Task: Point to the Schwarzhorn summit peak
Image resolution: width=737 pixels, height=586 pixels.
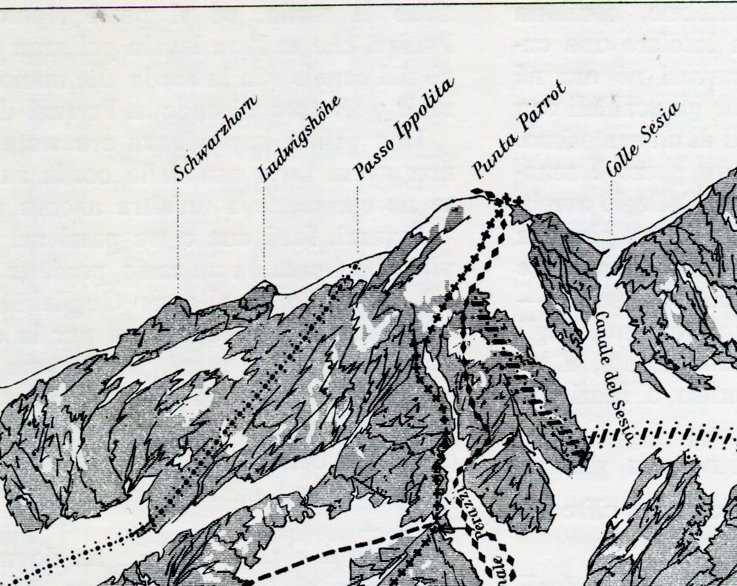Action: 177,300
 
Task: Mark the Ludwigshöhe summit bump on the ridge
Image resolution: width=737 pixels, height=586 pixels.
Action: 265,284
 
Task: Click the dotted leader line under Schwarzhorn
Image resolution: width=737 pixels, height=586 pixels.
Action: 177,240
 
